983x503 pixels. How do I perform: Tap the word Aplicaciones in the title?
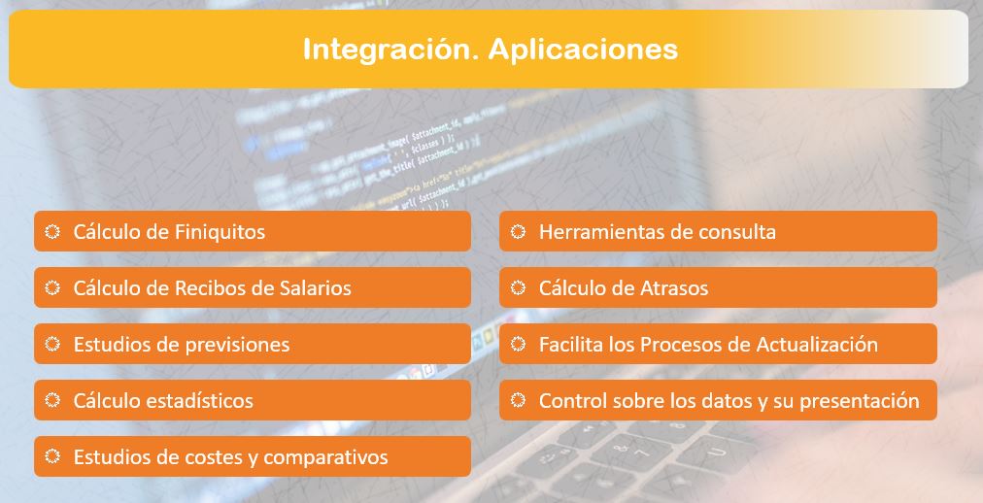click(583, 49)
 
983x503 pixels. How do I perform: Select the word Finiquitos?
click(220, 232)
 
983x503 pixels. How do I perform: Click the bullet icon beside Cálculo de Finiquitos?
click(52, 232)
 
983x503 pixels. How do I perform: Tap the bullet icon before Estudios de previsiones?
click(52, 344)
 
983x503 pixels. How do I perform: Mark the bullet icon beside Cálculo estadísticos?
click(52, 400)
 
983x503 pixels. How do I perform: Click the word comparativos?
click(325, 458)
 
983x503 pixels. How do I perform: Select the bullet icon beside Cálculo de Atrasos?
click(518, 288)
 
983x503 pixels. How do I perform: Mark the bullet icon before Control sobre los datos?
click(518, 400)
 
